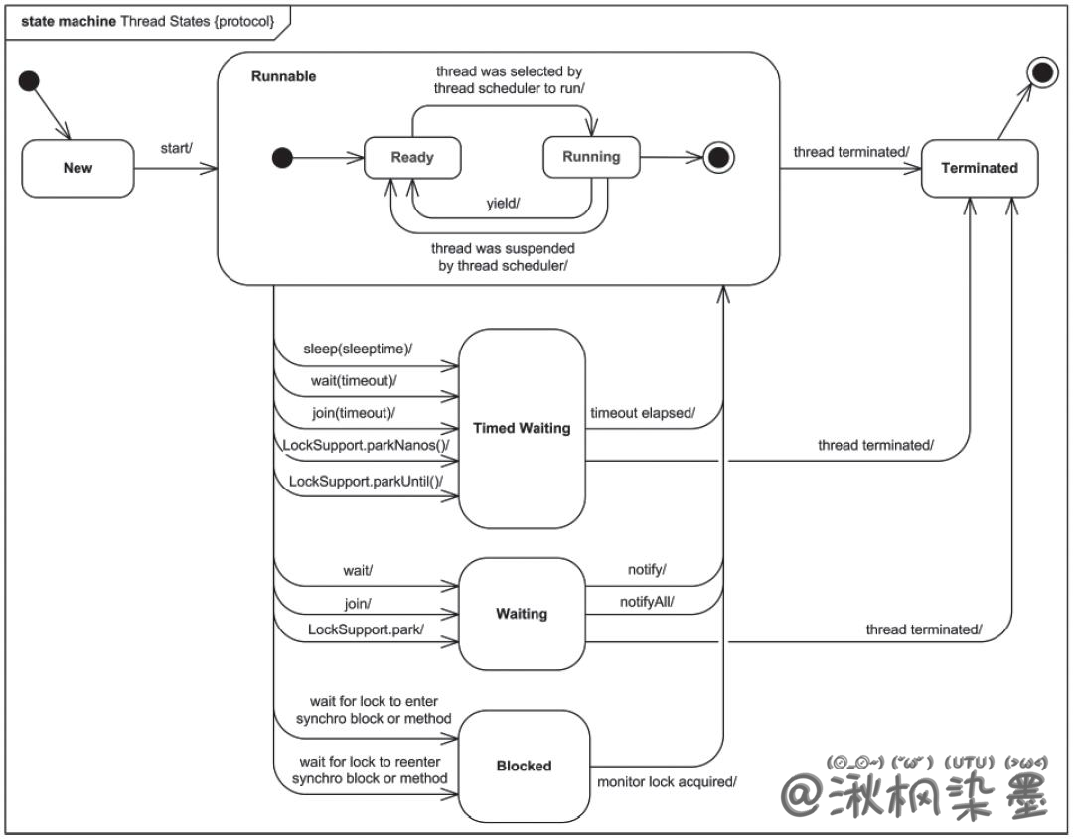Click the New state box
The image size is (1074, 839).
click(77, 168)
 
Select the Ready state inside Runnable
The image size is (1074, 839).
click(411, 157)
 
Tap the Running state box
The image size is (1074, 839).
click(590, 157)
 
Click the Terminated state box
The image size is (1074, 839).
click(979, 168)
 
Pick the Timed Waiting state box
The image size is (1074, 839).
click(522, 428)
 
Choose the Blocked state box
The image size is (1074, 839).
click(524, 766)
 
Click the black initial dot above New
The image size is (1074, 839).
click(30, 81)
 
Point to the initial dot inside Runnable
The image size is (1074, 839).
click(282, 157)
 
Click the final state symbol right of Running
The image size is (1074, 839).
click(716, 157)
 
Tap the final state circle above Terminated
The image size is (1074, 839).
click(1043, 71)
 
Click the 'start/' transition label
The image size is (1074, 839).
click(176, 149)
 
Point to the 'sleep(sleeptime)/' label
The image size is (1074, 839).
click(358, 350)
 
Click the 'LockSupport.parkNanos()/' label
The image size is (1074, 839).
click(366, 446)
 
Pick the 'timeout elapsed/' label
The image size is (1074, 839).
click(643, 413)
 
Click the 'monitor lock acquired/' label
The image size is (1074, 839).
click(667, 782)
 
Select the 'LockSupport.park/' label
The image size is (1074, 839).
click(366, 629)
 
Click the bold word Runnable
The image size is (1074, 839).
click(283, 76)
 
